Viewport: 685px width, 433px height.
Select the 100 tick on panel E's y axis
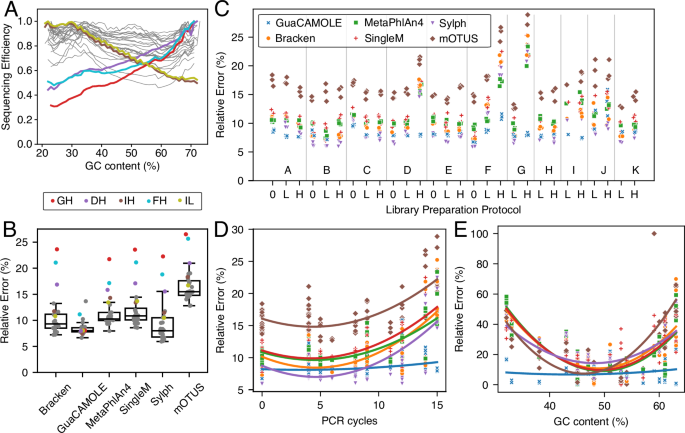(478, 234)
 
